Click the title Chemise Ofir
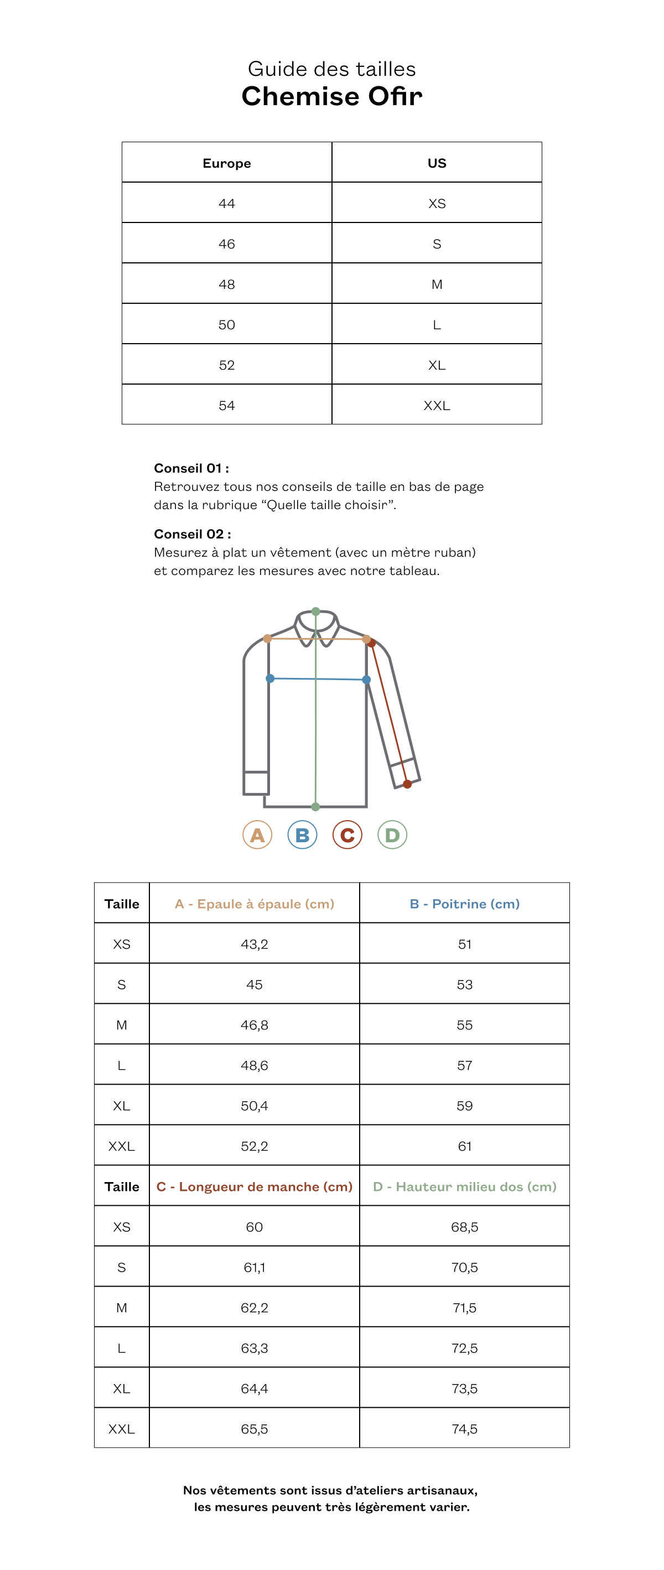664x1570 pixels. click(x=331, y=96)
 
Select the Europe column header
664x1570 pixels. click(x=227, y=163)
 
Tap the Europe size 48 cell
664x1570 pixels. click(x=227, y=284)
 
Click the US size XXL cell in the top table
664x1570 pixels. click(x=437, y=405)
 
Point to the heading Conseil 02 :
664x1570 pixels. click(x=192, y=534)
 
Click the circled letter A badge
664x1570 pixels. click(x=257, y=835)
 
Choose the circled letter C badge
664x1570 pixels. click(x=347, y=835)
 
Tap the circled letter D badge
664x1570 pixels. click(x=392, y=835)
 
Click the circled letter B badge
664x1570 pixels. click(x=302, y=835)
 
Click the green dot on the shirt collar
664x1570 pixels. click(x=315, y=612)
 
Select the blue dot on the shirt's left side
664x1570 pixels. click(x=270, y=678)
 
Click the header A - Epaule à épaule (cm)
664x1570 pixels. click(x=254, y=904)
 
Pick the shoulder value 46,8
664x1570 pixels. click(x=254, y=1025)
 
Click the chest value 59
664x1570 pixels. click(x=464, y=1106)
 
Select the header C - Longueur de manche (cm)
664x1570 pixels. click(x=254, y=1186)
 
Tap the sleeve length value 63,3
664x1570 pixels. click(x=254, y=1348)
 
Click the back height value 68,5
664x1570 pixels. click(x=464, y=1227)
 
